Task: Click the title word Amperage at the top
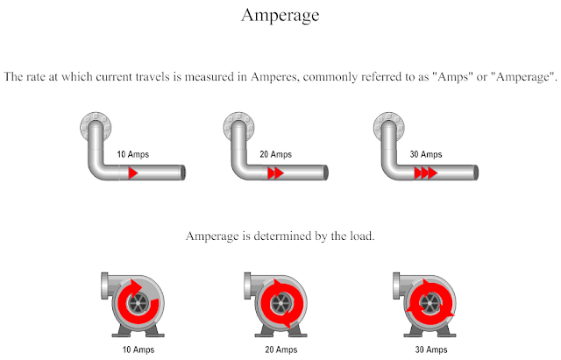(280, 16)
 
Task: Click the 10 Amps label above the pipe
(133, 155)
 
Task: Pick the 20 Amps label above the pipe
(277, 155)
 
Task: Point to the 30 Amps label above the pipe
(426, 155)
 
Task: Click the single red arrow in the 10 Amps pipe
(133, 173)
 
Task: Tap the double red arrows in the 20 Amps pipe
(276, 173)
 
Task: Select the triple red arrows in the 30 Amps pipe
(426, 173)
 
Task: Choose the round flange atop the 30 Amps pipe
(387, 127)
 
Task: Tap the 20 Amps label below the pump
(280, 349)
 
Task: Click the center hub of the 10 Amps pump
(136, 303)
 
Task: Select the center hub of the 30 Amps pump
(430, 303)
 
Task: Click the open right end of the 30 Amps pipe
(478, 173)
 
